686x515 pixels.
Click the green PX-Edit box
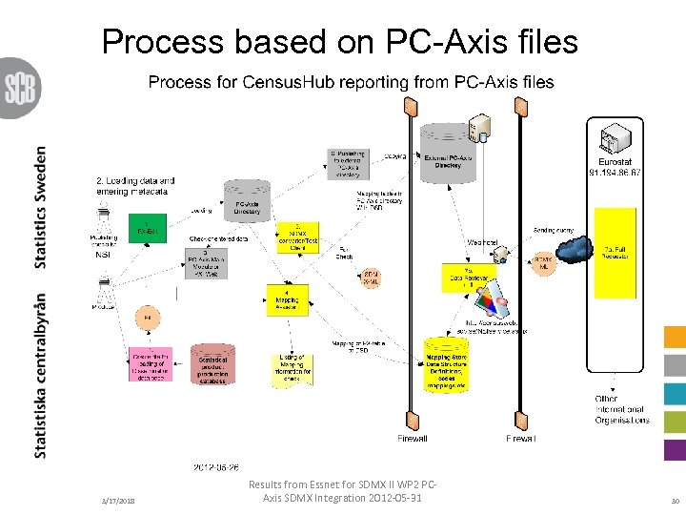pos(147,229)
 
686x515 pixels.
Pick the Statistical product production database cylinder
pos(212,364)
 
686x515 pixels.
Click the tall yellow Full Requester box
pos(614,251)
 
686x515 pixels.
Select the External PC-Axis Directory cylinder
pos(444,163)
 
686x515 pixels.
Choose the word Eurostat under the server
pos(615,161)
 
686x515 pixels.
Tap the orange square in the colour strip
pos(674,337)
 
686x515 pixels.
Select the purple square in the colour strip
pos(674,449)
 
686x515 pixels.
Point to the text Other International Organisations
pos(621,410)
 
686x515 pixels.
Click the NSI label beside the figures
pos(104,254)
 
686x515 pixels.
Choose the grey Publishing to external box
pos(347,163)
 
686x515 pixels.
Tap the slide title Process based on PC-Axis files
pos(339,41)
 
